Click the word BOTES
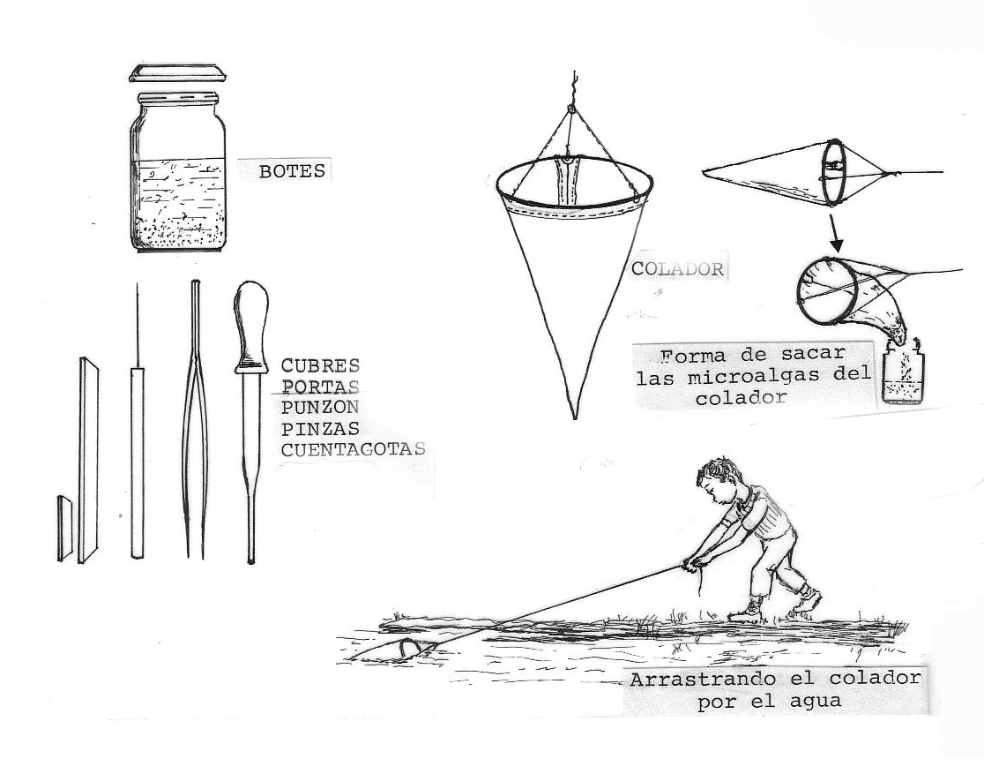coord(292,171)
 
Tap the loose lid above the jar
coord(177,73)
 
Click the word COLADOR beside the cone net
coord(677,269)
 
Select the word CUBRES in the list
coord(320,365)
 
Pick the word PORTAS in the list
coord(320,387)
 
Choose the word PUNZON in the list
coord(319,407)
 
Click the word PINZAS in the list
coord(320,429)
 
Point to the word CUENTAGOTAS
coord(353,449)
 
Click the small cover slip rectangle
coord(64,528)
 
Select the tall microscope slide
coord(88,460)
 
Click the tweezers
coord(196,419)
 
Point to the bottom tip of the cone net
coord(574,417)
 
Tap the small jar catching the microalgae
coord(903,375)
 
